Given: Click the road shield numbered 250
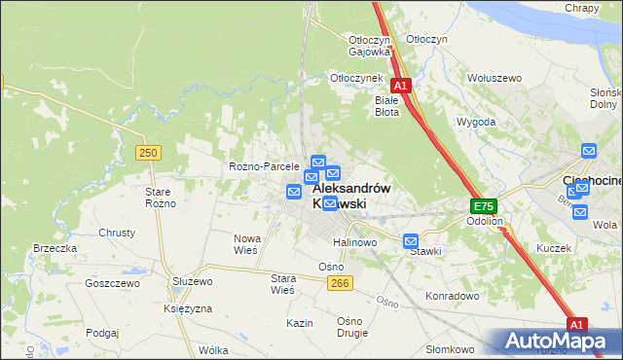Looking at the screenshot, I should (148, 153).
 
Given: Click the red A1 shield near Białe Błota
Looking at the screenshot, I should (401, 86).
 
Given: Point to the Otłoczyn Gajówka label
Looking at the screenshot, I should (369, 46).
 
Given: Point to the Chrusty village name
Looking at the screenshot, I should (117, 234).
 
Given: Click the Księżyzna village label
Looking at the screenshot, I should (188, 307).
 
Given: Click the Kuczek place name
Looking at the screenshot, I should (553, 248).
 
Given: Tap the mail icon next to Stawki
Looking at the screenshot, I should (411, 240).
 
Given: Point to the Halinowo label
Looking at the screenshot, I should (354, 242).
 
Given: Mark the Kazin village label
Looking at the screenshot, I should (299, 322).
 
